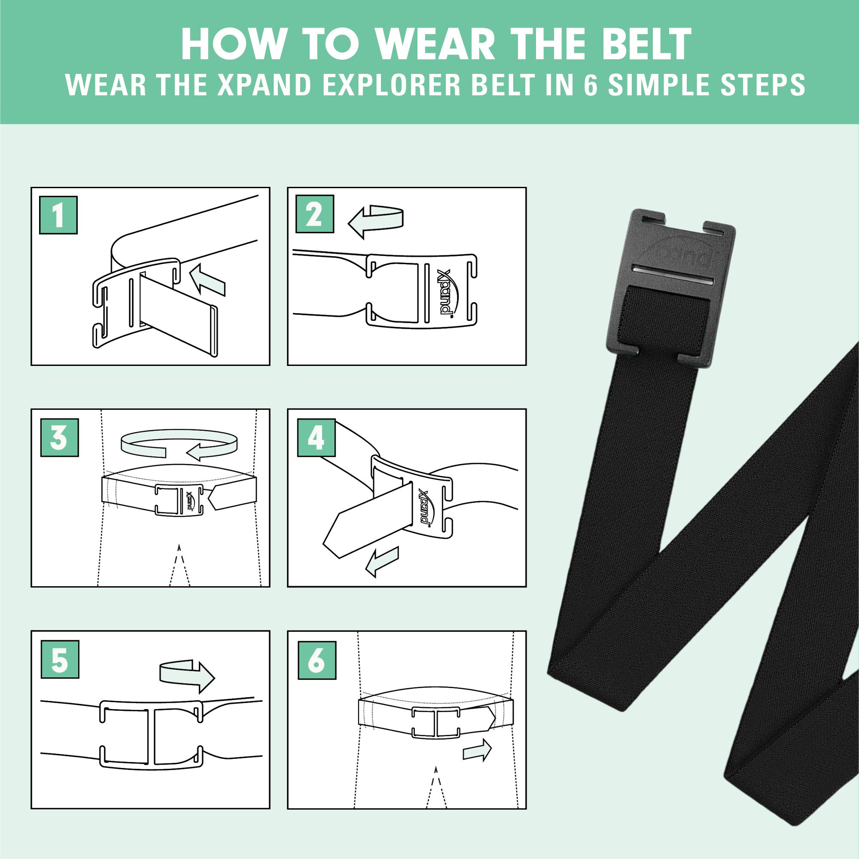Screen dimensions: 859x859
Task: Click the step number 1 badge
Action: (58, 215)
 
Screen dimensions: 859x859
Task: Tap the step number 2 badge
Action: (315, 214)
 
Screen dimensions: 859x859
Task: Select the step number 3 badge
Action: (59, 438)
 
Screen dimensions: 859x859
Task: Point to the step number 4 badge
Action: (316, 438)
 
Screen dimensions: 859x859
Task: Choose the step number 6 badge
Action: (316, 660)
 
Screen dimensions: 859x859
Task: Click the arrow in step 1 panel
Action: (208, 279)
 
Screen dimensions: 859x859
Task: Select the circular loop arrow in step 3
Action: (179, 444)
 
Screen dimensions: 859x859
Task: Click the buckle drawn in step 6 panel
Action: (435, 722)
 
